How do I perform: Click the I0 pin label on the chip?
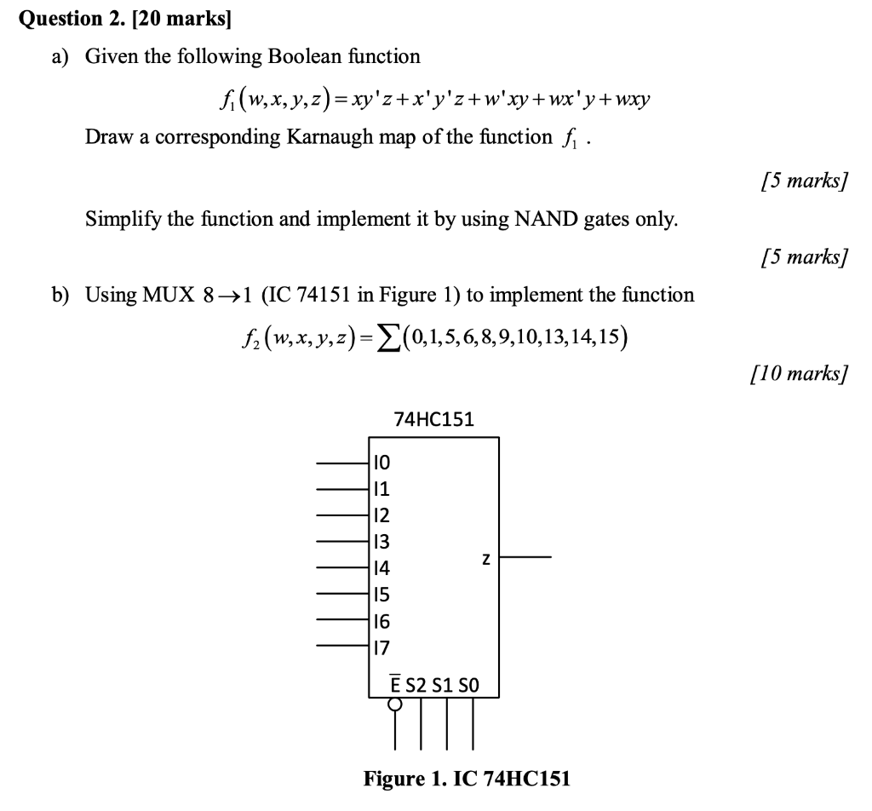(x=381, y=463)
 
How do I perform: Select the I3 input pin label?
(x=381, y=542)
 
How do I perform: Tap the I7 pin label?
(x=381, y=647)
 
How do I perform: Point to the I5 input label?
(x=381, y=595)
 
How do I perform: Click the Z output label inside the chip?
(x=485, y=559)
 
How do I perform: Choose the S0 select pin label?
(x=469, y=684)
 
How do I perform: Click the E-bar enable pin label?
(x=395, y=683)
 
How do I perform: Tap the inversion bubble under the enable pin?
(x=395, y=704)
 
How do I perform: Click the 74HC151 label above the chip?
(x=433, y=419)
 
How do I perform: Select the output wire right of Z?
(x=525, y=558)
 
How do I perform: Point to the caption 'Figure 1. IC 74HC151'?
(x=467, y=779)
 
